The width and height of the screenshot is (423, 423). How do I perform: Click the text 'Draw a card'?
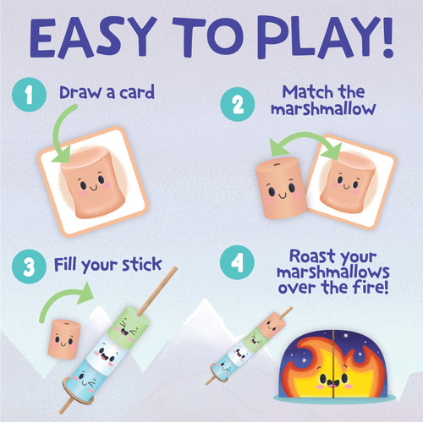107,92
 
